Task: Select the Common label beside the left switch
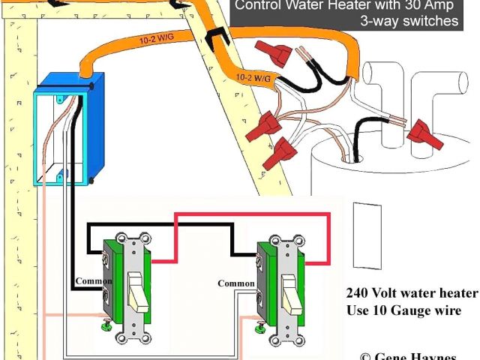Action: click(91, 283)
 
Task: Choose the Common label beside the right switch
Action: click(235, 283)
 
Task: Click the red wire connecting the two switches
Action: click(251, 216)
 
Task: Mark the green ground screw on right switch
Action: click(259, 327)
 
